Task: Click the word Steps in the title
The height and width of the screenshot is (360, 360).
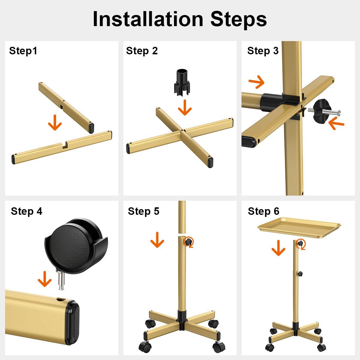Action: [238, 19]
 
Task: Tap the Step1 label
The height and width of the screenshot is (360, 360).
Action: [23, 51]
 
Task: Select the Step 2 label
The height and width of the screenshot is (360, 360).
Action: [142, 51]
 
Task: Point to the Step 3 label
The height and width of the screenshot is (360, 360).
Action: [263, 51]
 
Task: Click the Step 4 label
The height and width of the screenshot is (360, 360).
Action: [26, 211]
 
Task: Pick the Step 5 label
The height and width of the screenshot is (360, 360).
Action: [143, 211]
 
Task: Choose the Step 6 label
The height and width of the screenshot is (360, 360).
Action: [263, 211]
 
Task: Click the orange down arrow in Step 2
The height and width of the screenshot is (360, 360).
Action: [184, 107]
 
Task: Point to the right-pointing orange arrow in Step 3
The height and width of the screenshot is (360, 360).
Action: [257, 82]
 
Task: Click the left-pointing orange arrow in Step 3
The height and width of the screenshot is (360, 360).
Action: [336, 124]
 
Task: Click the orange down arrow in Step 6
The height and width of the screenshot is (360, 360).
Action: [278, 248]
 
